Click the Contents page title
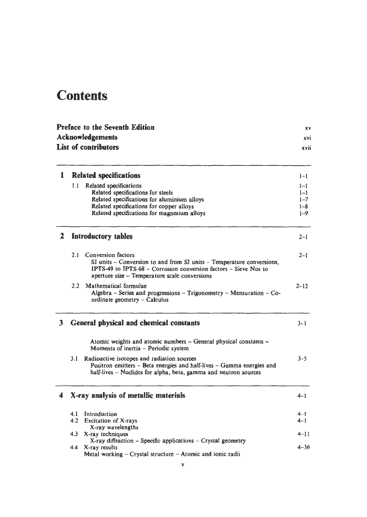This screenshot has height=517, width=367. (x=82, y=96)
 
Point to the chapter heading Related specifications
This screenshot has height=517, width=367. (x=106, y=175)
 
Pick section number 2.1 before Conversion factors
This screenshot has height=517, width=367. (x=76, y=255)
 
